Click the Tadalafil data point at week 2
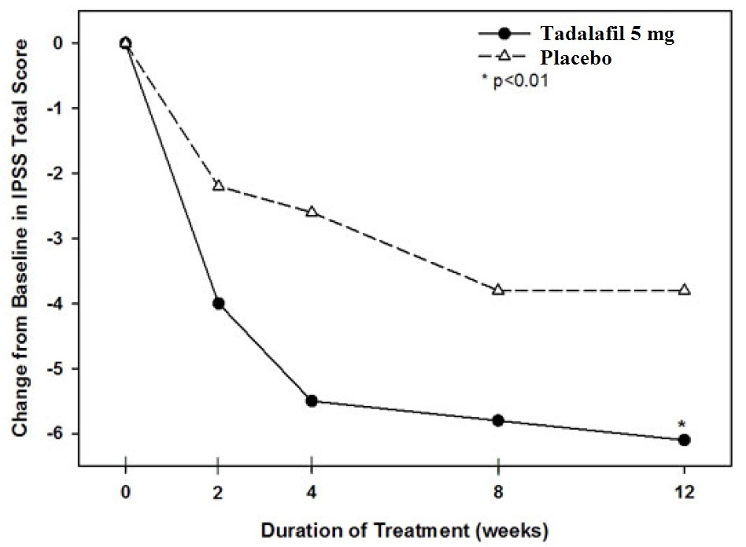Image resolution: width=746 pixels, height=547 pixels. click(x=218, y=303)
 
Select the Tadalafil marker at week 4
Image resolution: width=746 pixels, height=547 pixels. click(x=312, y=401)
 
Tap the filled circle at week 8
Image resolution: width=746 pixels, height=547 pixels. click(x=498, y=420)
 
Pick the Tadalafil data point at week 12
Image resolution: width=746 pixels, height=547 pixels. click(x=684, y=440)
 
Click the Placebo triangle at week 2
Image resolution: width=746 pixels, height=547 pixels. click(x=218, y=186)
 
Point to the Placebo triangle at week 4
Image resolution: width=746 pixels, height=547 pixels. click(x=312, y=212)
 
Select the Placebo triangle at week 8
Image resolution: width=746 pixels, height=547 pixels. click(x=498, y=290)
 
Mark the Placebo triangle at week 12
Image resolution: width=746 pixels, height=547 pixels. click(x=684, y=290)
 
